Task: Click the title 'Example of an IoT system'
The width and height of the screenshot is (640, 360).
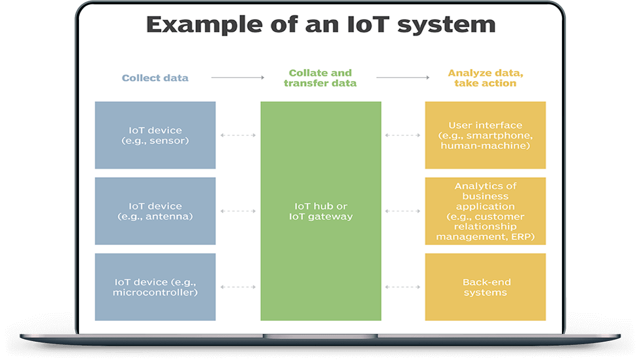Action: pyautogui.click(x=320, y=25)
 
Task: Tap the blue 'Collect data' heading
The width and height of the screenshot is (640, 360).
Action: pyautogui.click(x=155, y=78)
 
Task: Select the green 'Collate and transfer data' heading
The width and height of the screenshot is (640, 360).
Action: pyautogui.click(x=320, y=78)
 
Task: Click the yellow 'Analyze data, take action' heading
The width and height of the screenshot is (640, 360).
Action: pyautogui.click(x=485, y=78)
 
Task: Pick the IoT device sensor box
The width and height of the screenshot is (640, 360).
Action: pyautogui.click(x=155, y=135)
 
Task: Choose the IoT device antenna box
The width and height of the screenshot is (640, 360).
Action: pyautogui.click(x=155, y=211)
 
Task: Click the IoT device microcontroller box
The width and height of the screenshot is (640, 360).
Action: pyautogui.click(x=155, y=287)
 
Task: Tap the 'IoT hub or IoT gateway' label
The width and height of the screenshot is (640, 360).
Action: pyautogui.click(x=320, y=211)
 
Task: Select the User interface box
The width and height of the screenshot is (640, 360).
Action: pyautogui.click(x=485, y=135)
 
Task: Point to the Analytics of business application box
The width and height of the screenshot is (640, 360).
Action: pyautogui.click(x=485, y=211)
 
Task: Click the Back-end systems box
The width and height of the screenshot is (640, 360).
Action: pyautogui.click(x=485, y=287)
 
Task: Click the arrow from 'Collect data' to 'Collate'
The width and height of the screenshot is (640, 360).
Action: pyautogui.click(x=238, y=78)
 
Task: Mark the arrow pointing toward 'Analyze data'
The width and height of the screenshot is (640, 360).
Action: pyautogui.click(x=403, y=78)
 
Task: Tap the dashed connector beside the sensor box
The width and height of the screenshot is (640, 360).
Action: pyautogui.click(x=238, y=135)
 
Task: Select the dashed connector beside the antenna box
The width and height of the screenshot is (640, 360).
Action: pyautogui.click(x=238, y=211)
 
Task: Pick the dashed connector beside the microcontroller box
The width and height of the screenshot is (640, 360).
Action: pyautogui.click(x=238, y=287)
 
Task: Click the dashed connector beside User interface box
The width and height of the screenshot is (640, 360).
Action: pyautogui.click(x=403, y=135)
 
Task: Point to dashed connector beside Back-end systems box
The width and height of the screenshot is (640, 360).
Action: pyautogui.click(x=403, y=287)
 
